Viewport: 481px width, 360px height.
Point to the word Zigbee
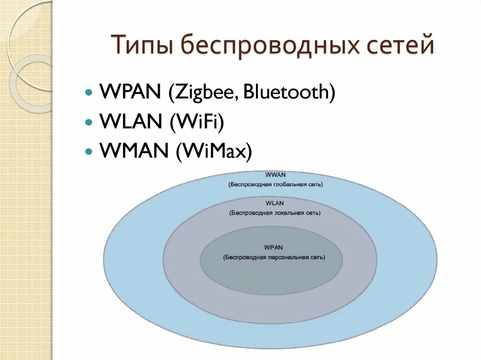click(202, 92)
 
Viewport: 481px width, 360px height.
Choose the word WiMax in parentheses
click(214, 152)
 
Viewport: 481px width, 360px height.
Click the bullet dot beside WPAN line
click(89, 92)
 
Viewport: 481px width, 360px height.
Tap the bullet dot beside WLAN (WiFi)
click(89, 122)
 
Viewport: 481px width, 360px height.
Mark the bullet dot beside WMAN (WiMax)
click(89, 152)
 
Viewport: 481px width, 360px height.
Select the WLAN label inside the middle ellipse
click(274, 203)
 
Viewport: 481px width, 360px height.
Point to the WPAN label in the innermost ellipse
click(273, 247)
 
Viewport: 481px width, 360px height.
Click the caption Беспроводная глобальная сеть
click(276, 184)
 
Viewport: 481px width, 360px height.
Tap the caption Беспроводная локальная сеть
click(275, 213)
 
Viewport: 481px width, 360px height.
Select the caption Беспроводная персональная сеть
click(274, 257)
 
